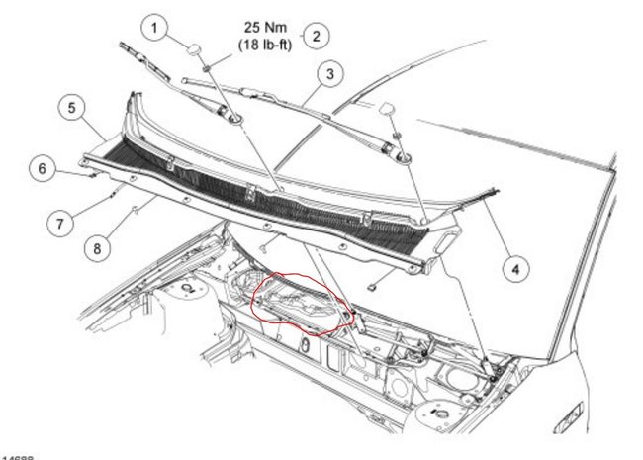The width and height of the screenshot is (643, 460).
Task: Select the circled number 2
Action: [316, 37]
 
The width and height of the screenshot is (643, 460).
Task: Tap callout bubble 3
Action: [329, 72]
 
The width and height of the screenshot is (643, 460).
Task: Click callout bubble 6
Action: [42, 169]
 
